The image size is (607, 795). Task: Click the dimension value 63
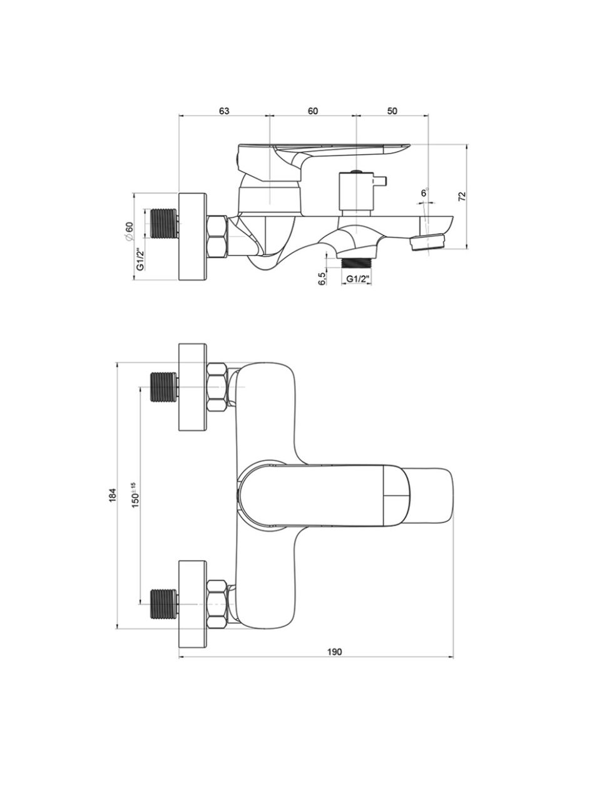pos(224,111)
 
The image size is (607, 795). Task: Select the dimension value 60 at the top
pos(313,111)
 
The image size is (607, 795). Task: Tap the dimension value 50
pos(392,111)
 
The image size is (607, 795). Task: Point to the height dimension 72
pos(462,196)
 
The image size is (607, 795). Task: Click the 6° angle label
pos(425,193)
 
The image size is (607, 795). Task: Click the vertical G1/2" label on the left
pos(140,259)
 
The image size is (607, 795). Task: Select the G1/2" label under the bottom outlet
pos(357,279)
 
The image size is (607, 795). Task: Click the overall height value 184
pos(113,495)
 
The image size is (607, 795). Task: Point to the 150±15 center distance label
pos(135,495)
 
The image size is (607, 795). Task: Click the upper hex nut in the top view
pos(217,387)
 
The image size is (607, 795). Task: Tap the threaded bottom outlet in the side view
pos(356,262)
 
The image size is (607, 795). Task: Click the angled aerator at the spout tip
pos(427,242)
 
